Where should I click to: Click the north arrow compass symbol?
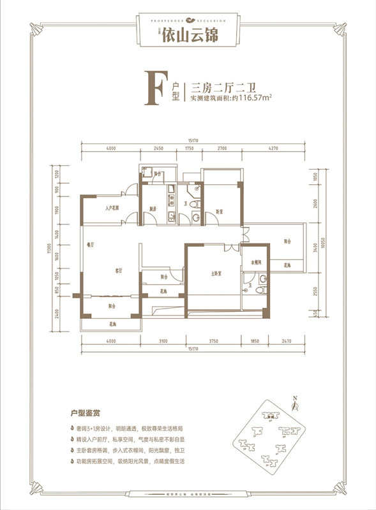coord(294,403)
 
